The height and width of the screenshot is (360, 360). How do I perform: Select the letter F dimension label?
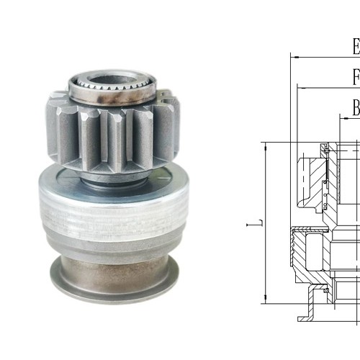click(356, 77)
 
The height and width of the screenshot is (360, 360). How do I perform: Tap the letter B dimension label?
click(356, 108)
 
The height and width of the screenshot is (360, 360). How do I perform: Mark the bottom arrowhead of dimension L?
click(266, 298)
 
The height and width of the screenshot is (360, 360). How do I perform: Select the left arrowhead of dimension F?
click(300, 88)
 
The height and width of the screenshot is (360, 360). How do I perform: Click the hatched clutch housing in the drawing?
click(310, 252)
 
